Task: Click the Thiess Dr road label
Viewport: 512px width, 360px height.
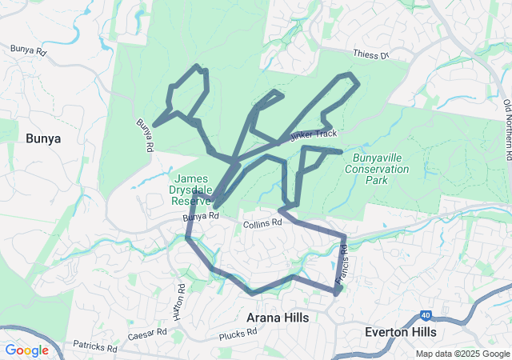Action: point(370,54)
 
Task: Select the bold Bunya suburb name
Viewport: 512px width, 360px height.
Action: point(43,138)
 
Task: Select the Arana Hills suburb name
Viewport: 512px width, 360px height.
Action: point(278,318)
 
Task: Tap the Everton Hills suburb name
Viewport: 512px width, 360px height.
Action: point(400,331)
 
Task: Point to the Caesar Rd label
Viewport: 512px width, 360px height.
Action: point(146,331)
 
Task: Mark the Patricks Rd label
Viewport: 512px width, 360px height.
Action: point(95,348)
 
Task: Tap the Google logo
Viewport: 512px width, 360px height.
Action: point(26,350)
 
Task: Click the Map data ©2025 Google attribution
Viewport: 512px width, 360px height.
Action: point(462,354)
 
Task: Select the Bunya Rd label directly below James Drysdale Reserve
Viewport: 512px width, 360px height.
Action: point(200,217)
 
